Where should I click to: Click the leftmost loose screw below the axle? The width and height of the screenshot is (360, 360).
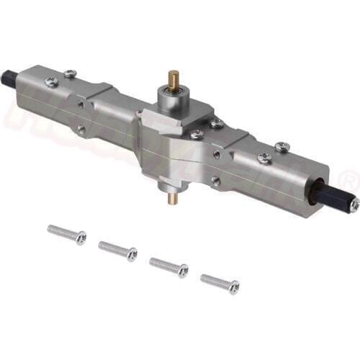pos(66,233)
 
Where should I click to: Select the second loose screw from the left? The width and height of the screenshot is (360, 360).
pos(117,251)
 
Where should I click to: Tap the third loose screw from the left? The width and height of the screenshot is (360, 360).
pos(168,267)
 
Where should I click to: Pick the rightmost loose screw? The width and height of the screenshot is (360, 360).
pos(220,284)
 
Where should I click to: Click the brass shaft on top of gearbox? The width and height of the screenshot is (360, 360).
pos(174,78)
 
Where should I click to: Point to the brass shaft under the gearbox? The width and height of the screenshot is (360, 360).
pos(173,197)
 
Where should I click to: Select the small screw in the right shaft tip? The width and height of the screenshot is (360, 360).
pos(354,204)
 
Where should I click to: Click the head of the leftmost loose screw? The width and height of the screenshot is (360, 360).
pos(81,238)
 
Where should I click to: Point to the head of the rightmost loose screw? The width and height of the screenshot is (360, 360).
pos(234,288)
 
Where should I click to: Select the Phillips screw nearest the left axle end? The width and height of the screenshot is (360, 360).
pos(52,81)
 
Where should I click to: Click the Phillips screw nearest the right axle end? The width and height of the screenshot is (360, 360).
pos(282,147)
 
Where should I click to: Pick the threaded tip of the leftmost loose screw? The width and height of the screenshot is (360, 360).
pos(51,229)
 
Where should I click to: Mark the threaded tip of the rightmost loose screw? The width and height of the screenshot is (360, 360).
pos(204,279)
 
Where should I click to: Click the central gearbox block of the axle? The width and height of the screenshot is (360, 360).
pos(173,144)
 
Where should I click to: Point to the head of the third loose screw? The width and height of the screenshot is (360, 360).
pos(183,271)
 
